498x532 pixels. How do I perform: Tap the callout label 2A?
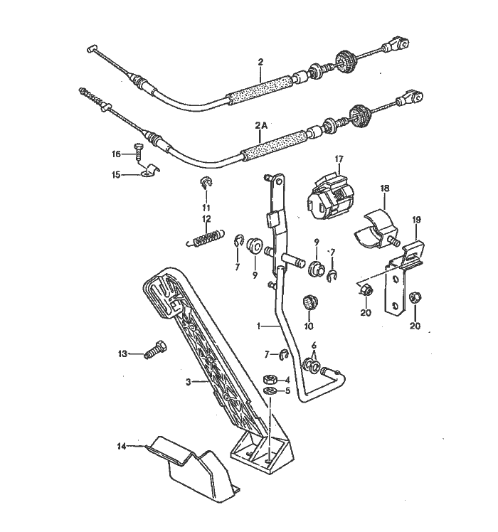pos(261,125)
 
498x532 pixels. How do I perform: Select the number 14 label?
pos(122,446)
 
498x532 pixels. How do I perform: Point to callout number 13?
pos(122,353)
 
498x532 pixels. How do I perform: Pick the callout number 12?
pos(206,219)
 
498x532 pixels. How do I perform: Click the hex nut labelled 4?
pos(270,379)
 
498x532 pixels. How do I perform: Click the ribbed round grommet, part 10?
pos(309,302)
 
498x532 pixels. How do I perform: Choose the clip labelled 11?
pos(205,185)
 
